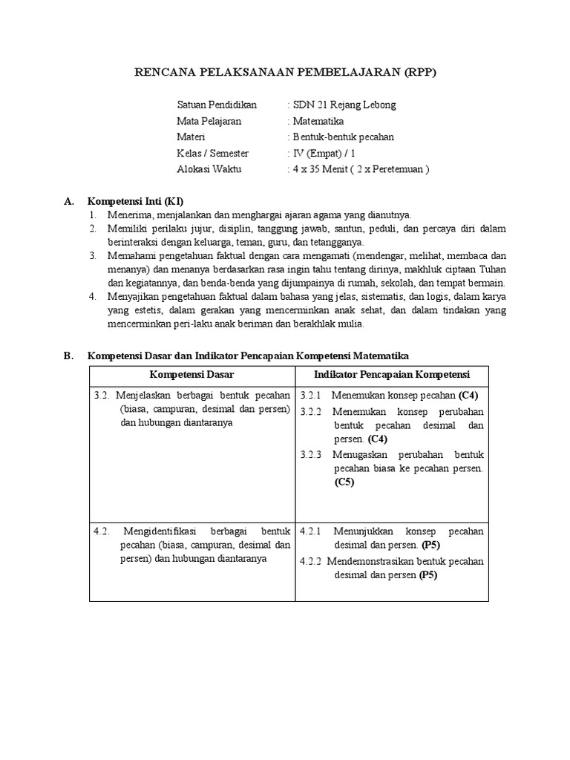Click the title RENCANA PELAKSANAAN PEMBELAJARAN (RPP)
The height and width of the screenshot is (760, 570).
(x=285, y=72)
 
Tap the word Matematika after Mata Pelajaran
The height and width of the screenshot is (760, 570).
(x=318, y=121)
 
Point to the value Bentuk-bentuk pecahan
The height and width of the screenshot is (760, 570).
(x=344, y=137)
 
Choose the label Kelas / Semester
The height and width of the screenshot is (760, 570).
(x=213, y=154)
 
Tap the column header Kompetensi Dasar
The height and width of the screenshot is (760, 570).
(x=191, y=374)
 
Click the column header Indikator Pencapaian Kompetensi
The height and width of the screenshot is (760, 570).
(x=391, y=374)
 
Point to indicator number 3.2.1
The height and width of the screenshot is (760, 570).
(x=311, y=395)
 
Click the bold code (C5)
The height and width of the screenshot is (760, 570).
(x=344, y=482)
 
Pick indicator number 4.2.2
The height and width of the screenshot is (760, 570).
(x=311, y=561)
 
